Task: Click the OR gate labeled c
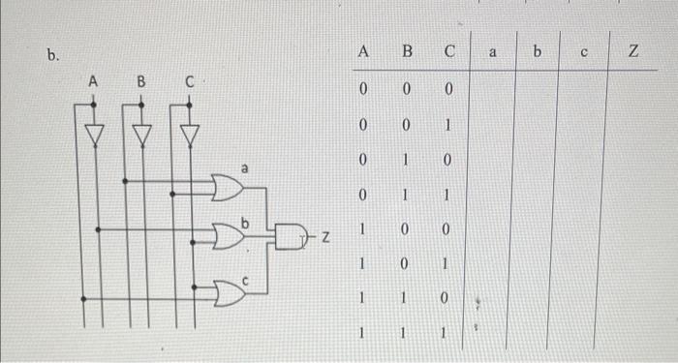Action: (x=229, y=292)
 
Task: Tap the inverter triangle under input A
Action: (x=93, y=132)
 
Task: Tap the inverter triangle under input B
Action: (x=142, y=132)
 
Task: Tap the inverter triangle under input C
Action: (x=191, y=132)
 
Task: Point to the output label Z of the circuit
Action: (x=325, y=236)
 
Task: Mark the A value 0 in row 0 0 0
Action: (x=363, y=90)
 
